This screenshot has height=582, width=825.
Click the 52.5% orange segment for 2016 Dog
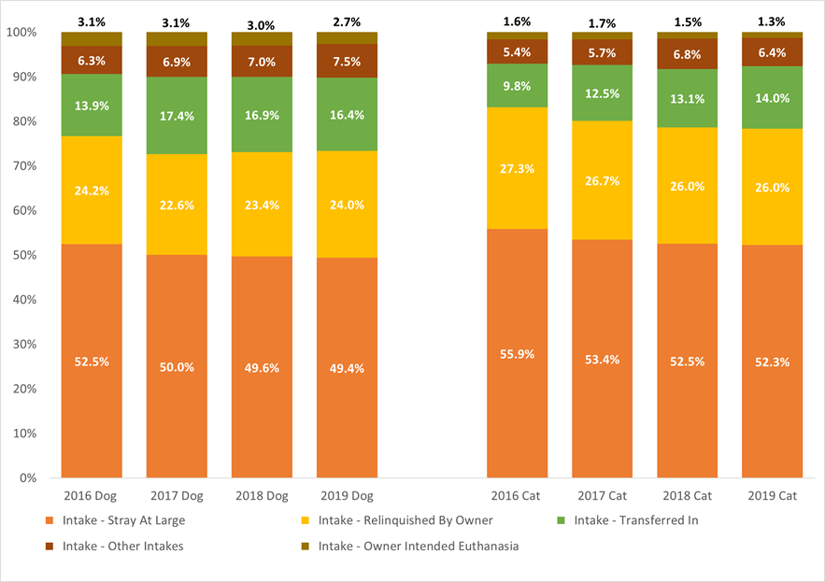pyautogui.click(x=92, y=362)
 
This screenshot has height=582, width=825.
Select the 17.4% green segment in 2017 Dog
pyautogui.click(x=177, y=115)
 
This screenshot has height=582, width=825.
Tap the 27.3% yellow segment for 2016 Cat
pyautogui.click(x=517, y=168)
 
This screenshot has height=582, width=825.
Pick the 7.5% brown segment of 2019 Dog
pyautogui.click(x=347, y=61)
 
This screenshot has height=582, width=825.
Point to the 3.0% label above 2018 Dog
pyautogui.click(x=262, y=21)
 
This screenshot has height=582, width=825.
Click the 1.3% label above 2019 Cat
pyautogui.click(x=772, y=21)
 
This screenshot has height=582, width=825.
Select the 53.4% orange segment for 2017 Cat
pyautogui.click(x=602, y=359)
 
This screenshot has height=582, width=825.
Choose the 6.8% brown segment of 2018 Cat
pyautogui.click(x=687, y=54)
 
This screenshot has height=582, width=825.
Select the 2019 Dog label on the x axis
pyautogui.click(x=347, y=495)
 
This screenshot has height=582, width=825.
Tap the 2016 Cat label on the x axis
pyautogui.click(x=517, y=495)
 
